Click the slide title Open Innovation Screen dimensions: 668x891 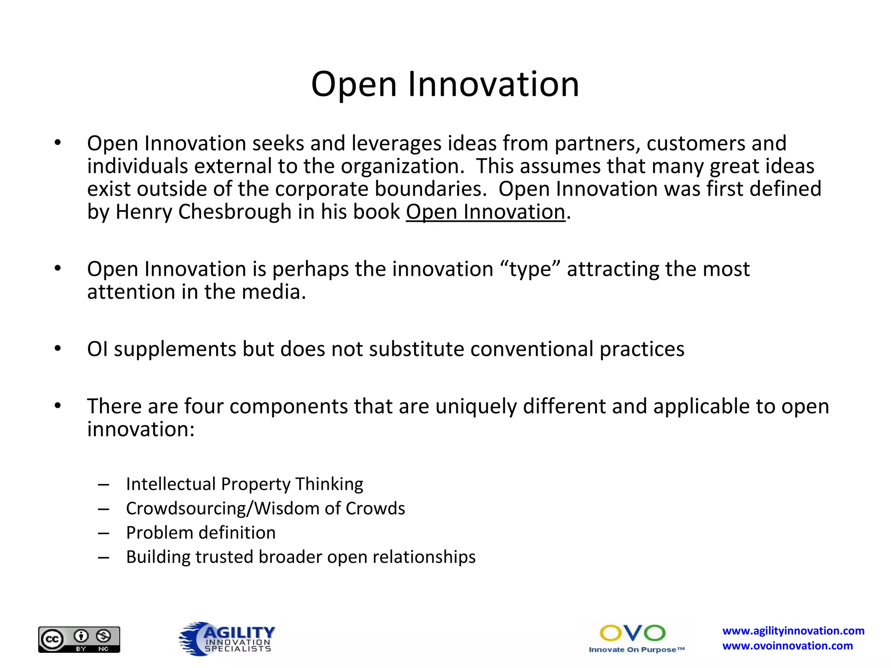(x=445, y=84)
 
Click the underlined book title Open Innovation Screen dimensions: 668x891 (x=486, y=212)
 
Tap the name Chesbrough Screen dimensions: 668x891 (x=235, y=212)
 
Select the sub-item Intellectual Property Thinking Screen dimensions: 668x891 (x=245, y=484)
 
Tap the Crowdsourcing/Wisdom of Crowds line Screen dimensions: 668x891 (x=265, y=508)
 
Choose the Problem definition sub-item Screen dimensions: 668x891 (x=201, y=533)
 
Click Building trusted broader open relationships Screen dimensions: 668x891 (x=301, y=557)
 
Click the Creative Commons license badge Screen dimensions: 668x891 (x=79, y=639)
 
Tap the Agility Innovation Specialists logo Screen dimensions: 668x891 (x=227, y=639)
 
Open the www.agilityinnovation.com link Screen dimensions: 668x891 (x=793, y=631)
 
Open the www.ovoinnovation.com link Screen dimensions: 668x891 (x=787, y=646)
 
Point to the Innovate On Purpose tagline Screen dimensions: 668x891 (x=636, y=650)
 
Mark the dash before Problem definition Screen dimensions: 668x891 (x=104, y=533)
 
